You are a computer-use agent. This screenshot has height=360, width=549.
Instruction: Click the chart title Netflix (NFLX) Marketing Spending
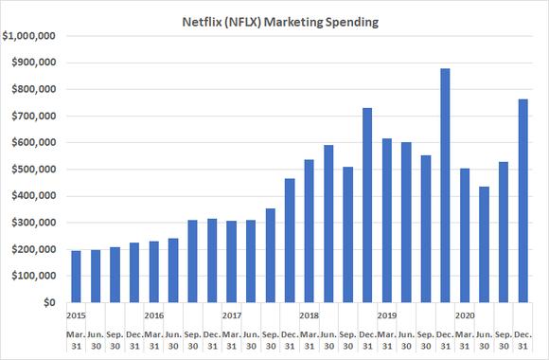[274, 19]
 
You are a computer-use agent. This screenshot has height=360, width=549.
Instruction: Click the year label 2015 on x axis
[76, 315]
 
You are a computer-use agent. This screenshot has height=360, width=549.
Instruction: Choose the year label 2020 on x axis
[464, 315]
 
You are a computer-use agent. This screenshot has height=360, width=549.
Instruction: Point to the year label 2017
[231, 315]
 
